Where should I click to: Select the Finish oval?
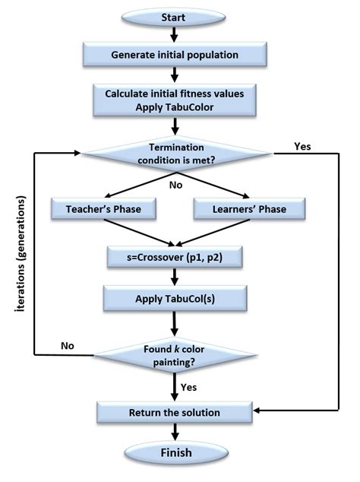[175, 454]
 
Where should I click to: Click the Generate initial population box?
[175, 55]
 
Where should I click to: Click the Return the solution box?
[175, 413]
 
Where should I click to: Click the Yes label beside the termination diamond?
[302, 145]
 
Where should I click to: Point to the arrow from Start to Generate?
[175, 33]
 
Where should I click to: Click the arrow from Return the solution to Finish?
[175, 433]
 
